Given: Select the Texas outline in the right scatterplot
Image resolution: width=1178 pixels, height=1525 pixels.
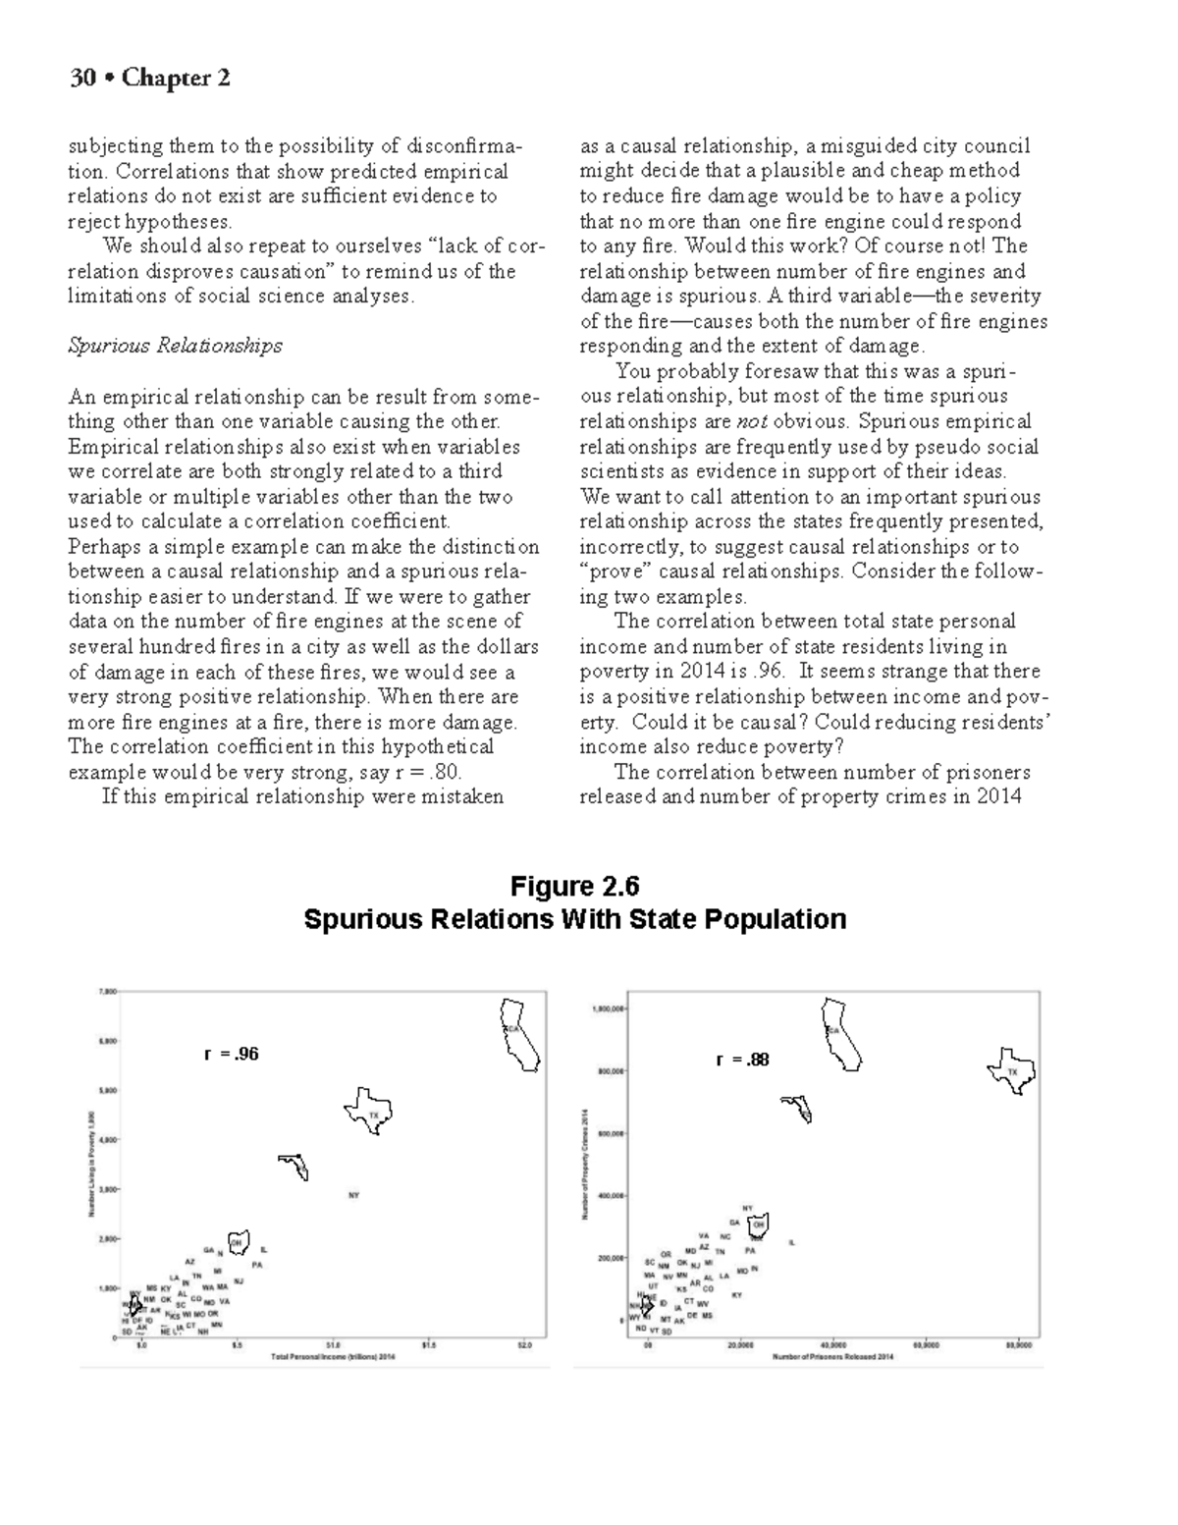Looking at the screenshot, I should pos(1011,1071).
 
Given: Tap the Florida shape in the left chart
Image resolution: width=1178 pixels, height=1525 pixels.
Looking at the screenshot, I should pos(294,1167).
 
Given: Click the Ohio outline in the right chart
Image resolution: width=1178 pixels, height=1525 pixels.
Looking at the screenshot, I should pos(758,1225).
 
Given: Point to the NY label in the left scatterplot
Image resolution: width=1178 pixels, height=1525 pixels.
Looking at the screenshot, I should pos(354,1195).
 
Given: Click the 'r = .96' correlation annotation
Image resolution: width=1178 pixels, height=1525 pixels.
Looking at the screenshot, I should pos(232,1055).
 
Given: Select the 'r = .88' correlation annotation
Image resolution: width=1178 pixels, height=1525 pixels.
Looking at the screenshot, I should pos(743,1060).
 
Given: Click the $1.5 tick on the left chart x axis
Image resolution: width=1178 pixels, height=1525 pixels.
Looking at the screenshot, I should pos(429,1346).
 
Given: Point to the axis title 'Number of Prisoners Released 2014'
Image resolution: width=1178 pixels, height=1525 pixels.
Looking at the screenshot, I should pos(833,1357).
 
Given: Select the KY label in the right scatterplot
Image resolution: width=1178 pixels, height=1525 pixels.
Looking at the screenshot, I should pos(737,1295).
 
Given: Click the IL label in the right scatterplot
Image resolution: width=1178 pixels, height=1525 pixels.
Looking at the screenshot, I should pos(792,1242).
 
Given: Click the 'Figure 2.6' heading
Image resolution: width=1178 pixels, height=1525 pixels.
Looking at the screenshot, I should pos(574,887).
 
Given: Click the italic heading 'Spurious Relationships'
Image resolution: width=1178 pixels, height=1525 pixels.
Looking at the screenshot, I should pos(175,346).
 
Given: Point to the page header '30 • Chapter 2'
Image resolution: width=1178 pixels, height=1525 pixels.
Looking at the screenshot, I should pos(149,78).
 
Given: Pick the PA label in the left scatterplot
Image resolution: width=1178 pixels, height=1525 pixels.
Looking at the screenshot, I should pos(257,1265).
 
